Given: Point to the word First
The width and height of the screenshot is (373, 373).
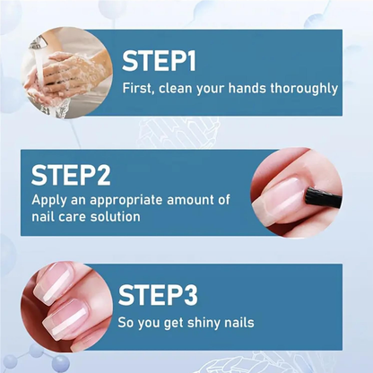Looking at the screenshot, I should (138, 89).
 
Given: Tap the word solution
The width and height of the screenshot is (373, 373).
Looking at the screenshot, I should (119, 217).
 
